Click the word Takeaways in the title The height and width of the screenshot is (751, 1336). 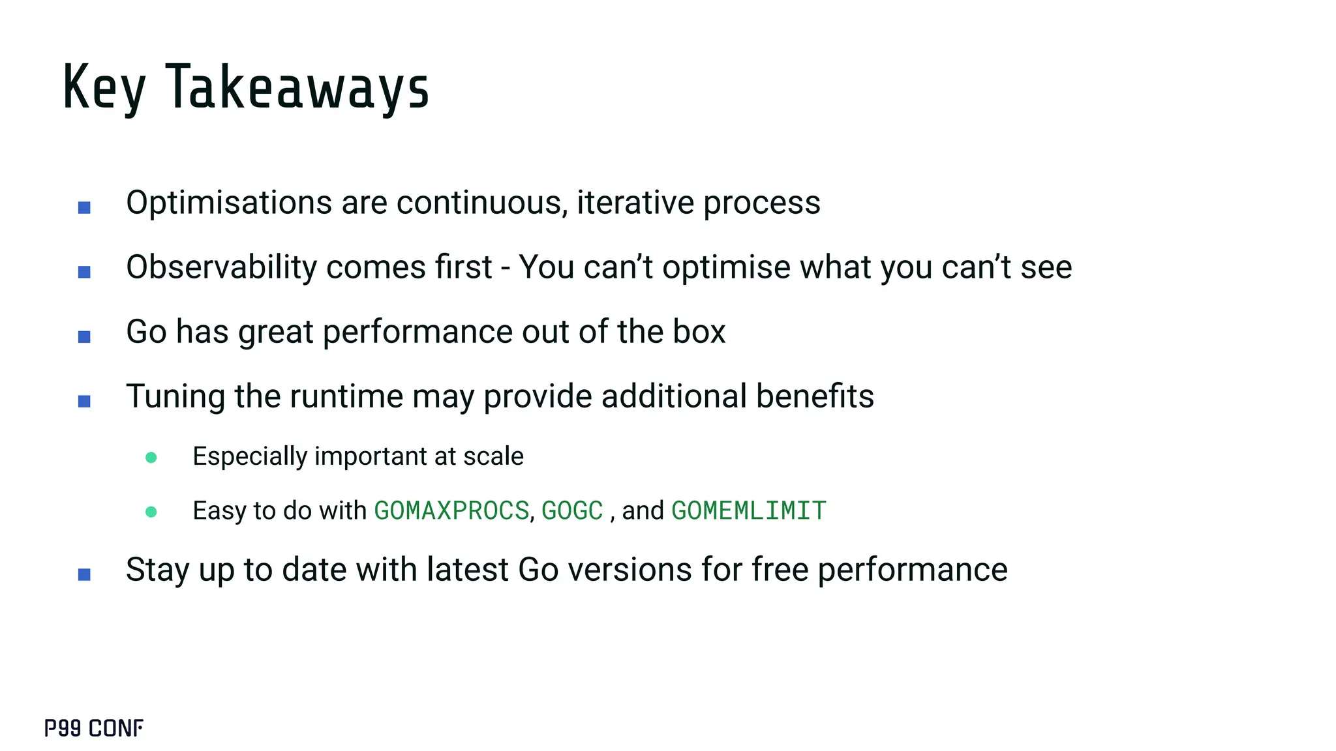click(x=297, y=87)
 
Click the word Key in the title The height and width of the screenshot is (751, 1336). click(x=104, y=87)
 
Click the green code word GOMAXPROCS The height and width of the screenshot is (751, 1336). click(x=451, y=510)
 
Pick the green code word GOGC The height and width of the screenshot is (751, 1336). click(x=572, y=510)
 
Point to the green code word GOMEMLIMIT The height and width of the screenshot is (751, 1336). click(x=749, y=510)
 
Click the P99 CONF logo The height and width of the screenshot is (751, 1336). click(x=94, y=728)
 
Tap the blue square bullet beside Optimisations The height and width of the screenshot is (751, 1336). click(x=84, y=208)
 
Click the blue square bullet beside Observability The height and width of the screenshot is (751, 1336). click(x=84, y=272)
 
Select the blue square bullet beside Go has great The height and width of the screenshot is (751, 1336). click(x=84, y=337)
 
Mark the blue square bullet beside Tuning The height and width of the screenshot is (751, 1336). click(x=84, y=402)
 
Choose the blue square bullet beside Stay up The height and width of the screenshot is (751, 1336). click(x=84, y=574)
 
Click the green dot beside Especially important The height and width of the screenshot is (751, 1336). click(x=151, y=458)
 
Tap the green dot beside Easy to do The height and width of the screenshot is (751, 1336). click(x=151, y=512)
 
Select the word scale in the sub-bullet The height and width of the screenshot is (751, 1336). click(x=493, y=456)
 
